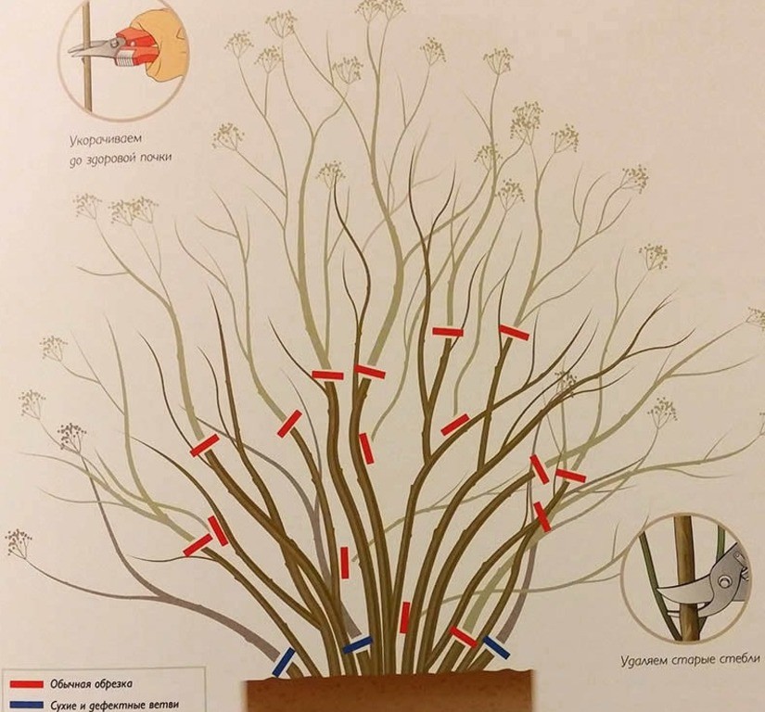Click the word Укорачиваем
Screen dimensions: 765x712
click(106, 140)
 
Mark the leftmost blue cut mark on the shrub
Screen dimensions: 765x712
click(284, 662)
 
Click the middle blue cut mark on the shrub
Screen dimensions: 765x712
click(358, 644)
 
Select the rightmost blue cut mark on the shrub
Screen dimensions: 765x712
click(496, 647)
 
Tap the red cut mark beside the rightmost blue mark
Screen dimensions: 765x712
click(464, 637)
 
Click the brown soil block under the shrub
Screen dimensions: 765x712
click(389, 692)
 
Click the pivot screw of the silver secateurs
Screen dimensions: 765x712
click(724, 580)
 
